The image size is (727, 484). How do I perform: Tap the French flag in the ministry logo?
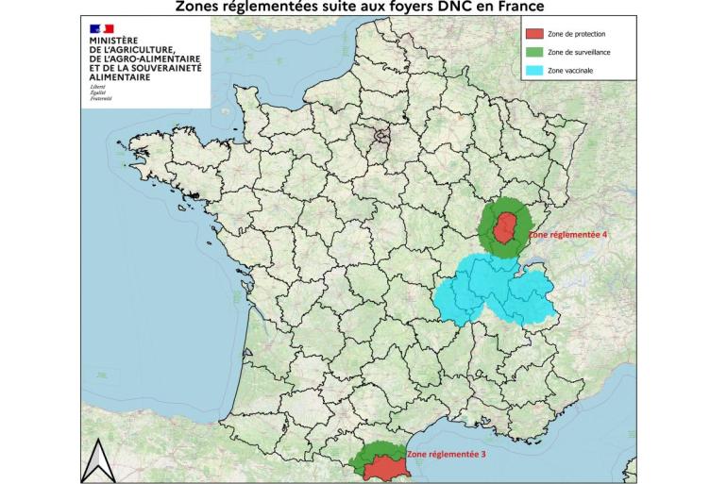101,31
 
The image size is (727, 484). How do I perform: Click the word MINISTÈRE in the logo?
112,42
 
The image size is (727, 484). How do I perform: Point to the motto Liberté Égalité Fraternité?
100,92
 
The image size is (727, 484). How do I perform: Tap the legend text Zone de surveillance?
579,52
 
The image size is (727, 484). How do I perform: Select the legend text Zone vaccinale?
570,70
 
